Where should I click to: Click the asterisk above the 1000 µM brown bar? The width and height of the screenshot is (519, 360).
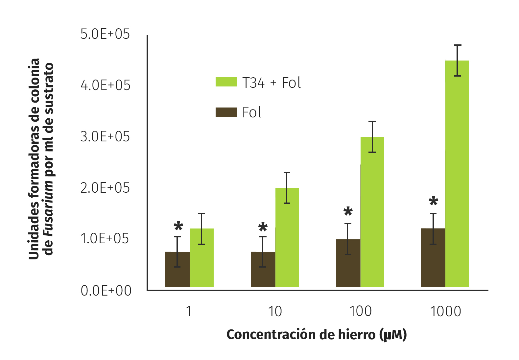pos(434,201)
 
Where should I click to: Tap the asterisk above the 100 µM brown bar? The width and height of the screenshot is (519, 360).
pos(348,211)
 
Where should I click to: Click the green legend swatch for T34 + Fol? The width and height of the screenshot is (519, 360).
pos(226,82)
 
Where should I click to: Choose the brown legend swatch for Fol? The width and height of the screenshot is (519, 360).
pos(226,112)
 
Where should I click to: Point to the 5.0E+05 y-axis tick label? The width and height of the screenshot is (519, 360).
pos(105,34)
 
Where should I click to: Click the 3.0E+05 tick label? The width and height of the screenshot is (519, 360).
pos(105,137)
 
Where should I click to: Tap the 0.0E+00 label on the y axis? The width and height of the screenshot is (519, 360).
pos(106,291)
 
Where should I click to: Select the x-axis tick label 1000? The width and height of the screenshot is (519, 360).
pos(445,311)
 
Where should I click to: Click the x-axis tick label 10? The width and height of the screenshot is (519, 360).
pos(275,311)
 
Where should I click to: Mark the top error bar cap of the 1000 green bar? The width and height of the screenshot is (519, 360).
pos(458,45)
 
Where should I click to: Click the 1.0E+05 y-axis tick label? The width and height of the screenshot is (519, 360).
pos(105,239)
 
